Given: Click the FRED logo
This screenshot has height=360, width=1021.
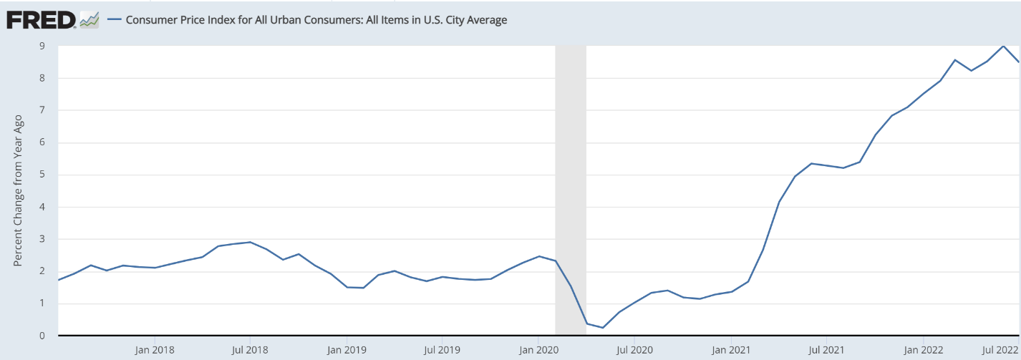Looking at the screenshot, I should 41,20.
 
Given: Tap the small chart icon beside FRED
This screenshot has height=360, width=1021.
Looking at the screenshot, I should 89,20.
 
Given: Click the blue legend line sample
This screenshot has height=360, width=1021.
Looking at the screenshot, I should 113,20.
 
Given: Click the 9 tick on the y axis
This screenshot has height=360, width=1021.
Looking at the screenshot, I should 42,46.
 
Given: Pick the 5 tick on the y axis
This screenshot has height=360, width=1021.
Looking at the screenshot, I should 42,175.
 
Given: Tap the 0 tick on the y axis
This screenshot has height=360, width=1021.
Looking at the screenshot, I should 42,336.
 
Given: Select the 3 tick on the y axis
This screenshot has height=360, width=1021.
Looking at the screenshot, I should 42,239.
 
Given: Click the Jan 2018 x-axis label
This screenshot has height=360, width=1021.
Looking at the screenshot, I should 155,350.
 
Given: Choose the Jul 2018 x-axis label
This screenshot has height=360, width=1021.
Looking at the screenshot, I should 250,350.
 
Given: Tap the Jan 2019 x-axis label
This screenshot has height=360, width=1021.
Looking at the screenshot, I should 347,350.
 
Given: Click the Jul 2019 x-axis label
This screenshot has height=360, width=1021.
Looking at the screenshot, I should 442,350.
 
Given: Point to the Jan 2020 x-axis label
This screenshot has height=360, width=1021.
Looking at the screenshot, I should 538,350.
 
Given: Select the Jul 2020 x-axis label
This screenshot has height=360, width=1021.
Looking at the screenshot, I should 634,350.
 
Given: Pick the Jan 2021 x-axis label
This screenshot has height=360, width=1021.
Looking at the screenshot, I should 731,350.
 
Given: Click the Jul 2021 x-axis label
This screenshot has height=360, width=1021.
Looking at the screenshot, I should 826,350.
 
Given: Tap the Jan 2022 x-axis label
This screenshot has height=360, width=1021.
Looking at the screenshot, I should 922,350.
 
